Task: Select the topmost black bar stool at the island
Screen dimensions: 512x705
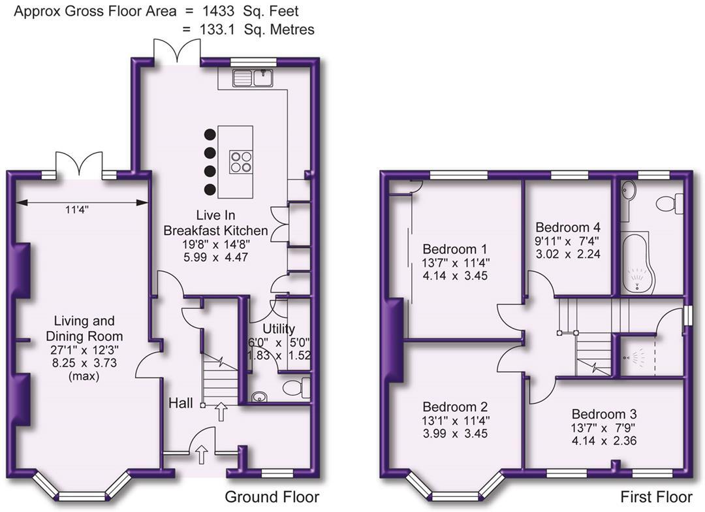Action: click(210, 135)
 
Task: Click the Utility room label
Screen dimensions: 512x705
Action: click(279, 328)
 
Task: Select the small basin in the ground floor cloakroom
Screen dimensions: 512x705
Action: click(259, 396)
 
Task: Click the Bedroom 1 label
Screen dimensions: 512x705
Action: click(455, 249)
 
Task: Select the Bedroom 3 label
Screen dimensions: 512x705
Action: click(604, 414)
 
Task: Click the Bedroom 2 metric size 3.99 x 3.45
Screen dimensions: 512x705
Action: click(455, 434)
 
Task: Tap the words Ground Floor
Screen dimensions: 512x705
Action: click(272, 497)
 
